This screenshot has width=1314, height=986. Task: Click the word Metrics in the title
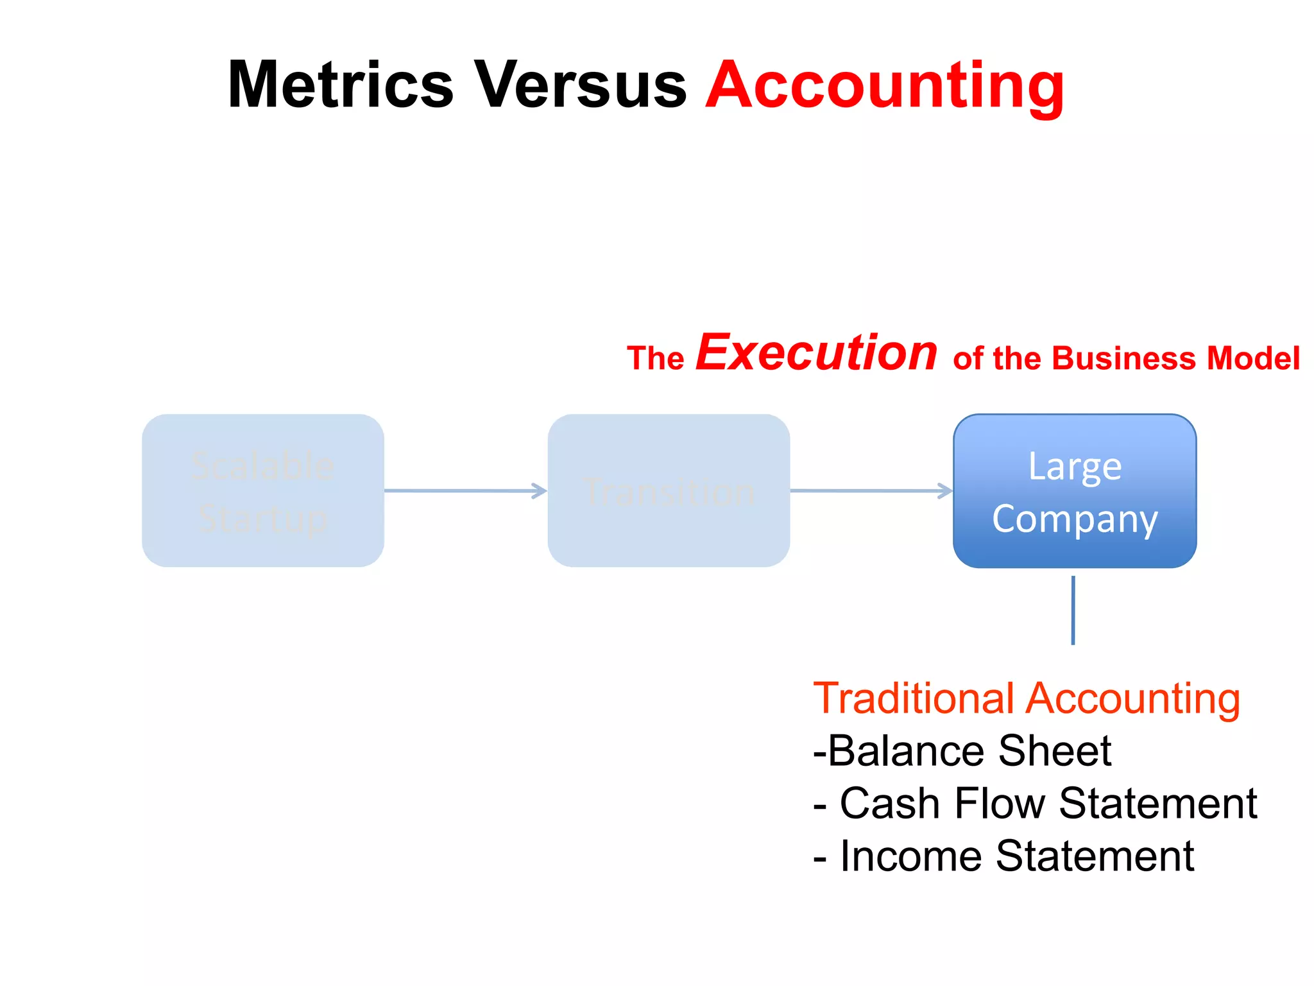click(341, 85)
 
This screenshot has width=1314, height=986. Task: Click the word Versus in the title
click(580, 85)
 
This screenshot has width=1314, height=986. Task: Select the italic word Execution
click(817, 353)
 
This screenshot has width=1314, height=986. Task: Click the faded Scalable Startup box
click(263, 490)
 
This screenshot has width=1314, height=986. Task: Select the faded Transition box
click(669, 490)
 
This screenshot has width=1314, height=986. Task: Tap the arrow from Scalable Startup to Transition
click(465, 491)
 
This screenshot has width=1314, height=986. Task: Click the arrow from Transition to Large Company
click(871, 491)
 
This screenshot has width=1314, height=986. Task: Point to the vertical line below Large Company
click(1073, 610)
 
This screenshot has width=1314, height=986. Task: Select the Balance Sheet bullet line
click(962, 751)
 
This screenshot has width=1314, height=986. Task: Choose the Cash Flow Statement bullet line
click(1035, 804)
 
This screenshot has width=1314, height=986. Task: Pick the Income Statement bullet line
click(1003, 856)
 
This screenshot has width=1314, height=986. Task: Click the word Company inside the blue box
click(1075, 519)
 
